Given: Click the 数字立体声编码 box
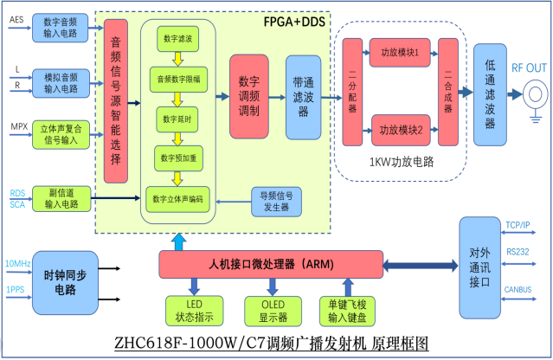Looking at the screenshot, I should [177, 198].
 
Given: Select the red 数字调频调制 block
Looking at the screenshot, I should [249, 96].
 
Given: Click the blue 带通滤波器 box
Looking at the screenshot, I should [303, 96].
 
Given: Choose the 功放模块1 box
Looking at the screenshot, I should [398, 52].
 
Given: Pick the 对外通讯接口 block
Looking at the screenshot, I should [479, 257].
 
